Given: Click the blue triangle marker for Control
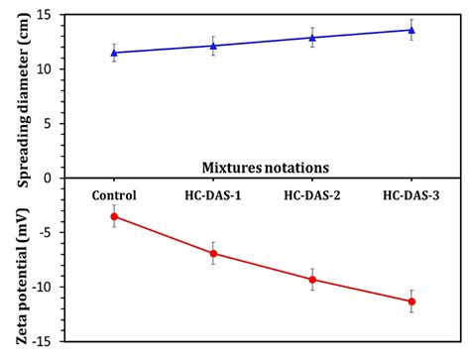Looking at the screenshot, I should tap(114, 53).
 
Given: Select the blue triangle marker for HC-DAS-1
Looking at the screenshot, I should tap(213, 46).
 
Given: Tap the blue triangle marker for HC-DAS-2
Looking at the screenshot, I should tap(312, 38).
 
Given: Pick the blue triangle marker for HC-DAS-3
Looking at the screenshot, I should tap(411, 30).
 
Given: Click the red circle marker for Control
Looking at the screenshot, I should tap(114, 216).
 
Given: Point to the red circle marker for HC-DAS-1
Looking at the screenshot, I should tap(213, 253).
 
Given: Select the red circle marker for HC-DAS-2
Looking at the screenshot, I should tap(312, 279).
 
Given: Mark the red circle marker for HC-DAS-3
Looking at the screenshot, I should tap(411, 301).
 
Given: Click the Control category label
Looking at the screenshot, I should tap(114, 195).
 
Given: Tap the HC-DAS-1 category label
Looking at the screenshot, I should tap(213, 195).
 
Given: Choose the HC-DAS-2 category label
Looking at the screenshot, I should tap(312, 195).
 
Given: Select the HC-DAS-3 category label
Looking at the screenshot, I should tap(411, 195).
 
